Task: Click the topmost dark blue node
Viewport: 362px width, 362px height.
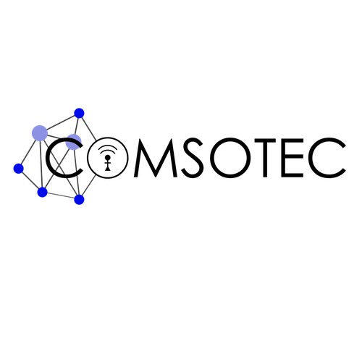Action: click(x=79, y=113)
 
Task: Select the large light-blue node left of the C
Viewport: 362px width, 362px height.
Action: click(x=40, y=133)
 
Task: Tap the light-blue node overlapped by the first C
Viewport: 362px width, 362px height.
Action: click(x=73, y=142)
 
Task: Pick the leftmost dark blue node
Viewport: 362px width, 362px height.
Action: click(x=18, y=168)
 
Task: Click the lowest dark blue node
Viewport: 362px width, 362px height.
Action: click(x=79, y=199)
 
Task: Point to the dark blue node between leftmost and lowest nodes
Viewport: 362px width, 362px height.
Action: click(x=42, y=192)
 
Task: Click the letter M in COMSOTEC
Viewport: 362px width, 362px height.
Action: click(x=156, y=158)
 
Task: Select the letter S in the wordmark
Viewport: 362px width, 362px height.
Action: click(x=193, y=158)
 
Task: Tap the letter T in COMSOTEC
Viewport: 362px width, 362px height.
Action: click(x=265, y=158)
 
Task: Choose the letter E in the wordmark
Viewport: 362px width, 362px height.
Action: click(x=292, y=158)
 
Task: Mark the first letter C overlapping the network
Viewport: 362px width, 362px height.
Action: click(x=47, y=158)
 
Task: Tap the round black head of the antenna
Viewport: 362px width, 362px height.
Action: click(x=108, y=157)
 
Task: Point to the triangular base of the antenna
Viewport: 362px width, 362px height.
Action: click(x=108, y=169)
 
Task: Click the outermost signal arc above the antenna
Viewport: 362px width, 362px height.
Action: click(x=108, y=145)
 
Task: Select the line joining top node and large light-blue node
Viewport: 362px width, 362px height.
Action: click(x=59, y=123)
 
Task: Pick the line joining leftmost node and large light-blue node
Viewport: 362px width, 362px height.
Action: click(x=28, y=151)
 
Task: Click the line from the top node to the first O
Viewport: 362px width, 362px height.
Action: click(x=88, y=128)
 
